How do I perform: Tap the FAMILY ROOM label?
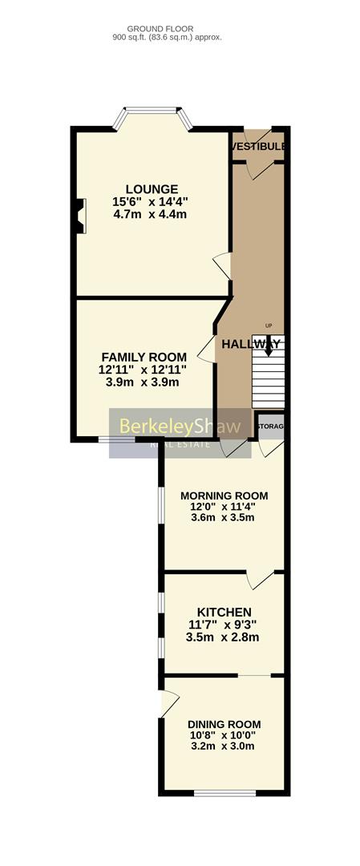tap(144, 357)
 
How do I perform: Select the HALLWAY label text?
tap(250, 344)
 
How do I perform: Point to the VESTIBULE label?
tap(259, 148)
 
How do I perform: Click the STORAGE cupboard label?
tap(271, 427)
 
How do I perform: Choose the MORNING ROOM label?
tap(224, 496)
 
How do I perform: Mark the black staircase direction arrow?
tap(269, 346)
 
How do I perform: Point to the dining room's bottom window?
tap(224, 793)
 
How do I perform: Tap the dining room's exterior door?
tap(168, 703)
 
